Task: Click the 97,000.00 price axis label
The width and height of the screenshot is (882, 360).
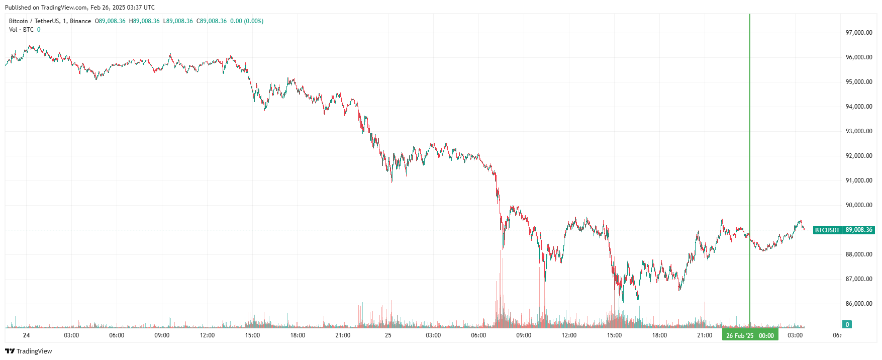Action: tap(859, 33)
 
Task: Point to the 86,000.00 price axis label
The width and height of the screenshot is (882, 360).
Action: tap(859, 304)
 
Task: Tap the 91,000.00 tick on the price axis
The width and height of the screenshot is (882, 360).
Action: tap(859, 181)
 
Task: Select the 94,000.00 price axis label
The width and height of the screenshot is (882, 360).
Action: tap(859, 107)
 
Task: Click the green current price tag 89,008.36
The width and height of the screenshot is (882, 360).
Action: tap(859, 230)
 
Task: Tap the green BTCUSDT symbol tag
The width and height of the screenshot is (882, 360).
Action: tap(827, 230)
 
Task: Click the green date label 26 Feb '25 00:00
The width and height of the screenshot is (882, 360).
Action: tap(750, 335)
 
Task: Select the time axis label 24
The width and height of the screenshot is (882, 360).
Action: tap(26, 335)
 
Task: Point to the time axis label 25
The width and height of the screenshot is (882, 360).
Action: tap(388, 335)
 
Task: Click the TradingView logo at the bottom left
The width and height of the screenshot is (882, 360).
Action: tap(29, 351)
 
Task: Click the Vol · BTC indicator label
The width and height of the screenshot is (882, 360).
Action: tap(21, 30)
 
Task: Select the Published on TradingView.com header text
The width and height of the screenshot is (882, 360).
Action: tap(80, 8)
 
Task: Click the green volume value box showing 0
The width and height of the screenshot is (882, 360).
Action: tap(847, 324)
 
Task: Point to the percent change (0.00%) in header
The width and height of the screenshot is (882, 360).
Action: tap(254, 21)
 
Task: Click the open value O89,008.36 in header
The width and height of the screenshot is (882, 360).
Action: tap(110, 21)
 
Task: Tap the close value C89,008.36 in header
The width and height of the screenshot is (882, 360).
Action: tap(212, 21)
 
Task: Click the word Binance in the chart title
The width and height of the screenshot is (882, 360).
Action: tap(80, 21)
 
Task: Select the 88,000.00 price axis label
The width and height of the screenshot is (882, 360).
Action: tap(859, 254)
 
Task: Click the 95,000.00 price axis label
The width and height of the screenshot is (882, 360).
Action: tap(859, 82)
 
